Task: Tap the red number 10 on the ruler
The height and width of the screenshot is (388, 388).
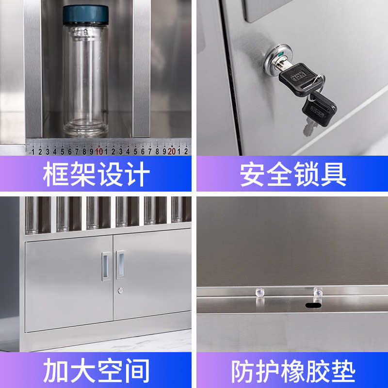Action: coord(98,151)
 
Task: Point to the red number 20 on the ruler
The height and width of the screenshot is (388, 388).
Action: coord(171,151)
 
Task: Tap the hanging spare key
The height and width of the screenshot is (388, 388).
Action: coord(318,109)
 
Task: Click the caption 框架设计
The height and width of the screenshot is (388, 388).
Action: coord(96,174)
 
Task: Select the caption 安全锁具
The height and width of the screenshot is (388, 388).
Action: coord(293,174)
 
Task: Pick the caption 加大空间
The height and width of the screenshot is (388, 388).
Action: coord(96,371)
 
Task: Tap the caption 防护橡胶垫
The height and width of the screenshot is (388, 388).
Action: coord(293,371)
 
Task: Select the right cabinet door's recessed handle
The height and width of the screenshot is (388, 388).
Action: coord(120,265)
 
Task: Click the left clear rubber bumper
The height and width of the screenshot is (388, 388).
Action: coord(259,292)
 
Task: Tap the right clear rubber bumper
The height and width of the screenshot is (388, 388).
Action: coord(318,292)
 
